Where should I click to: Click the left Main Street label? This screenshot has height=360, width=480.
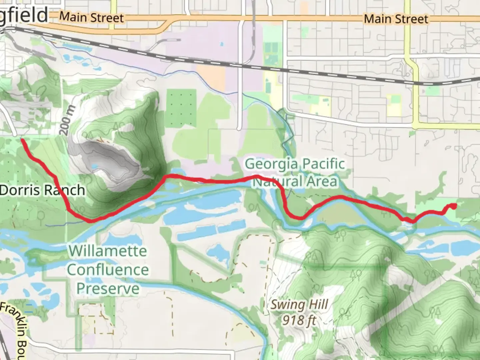[91, 17]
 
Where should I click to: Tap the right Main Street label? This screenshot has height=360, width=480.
[396, 19]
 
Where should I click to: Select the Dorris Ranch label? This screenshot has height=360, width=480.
[42, 190]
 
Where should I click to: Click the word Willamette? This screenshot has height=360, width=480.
[108, 251]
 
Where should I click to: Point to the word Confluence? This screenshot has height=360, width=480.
[108, 270]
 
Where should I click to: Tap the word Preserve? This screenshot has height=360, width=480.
[108, 288]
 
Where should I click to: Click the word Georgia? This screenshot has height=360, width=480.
[271, 164]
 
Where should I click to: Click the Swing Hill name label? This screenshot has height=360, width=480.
[299, 305]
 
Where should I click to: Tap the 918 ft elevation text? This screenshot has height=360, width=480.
[299, 320]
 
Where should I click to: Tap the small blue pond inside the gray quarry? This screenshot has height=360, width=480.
[95, 166]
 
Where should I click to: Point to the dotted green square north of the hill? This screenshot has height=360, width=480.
[181, 108]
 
